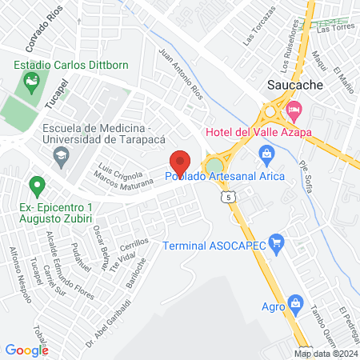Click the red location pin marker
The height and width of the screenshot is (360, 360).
click(179, 162)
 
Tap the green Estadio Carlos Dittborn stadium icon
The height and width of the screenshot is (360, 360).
click(32, 80)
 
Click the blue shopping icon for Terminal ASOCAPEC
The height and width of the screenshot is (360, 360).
click(277, 241)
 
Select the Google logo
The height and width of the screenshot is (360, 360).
click(26, 350)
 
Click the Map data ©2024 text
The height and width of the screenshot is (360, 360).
click(326, 354)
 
